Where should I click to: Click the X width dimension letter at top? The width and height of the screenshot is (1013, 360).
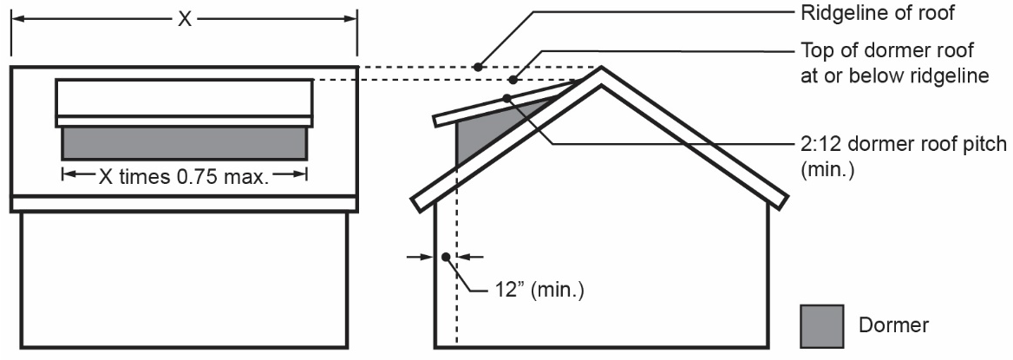pos(184,19)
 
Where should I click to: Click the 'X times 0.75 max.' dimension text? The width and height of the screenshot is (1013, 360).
pos(184,177)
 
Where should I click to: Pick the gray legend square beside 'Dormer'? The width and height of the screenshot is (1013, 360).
pos(820,324)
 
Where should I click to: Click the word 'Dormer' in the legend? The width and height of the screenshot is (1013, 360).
pos(894,325)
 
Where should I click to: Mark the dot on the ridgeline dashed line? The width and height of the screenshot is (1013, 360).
pos(476,66)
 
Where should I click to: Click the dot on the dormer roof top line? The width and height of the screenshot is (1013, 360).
pos(513,80)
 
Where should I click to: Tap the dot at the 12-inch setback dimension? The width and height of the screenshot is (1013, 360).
pos(445,257)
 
